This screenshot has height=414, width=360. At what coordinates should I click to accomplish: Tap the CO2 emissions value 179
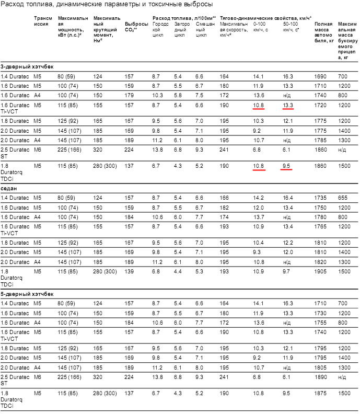coord(130,96)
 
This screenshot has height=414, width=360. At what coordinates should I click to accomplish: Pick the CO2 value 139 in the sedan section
coord(130,272)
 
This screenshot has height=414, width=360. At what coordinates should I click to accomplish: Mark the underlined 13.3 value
coord(288,106)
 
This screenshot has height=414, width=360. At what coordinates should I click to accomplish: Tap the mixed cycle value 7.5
coord(199,96)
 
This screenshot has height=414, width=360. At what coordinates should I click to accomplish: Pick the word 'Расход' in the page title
coord(12,5)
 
